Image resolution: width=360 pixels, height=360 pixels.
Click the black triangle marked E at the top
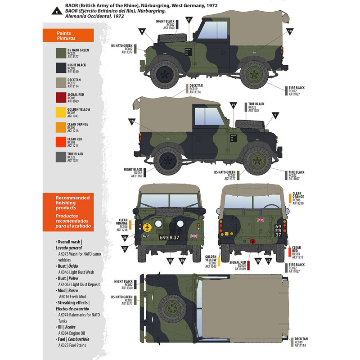click(x=57, y=10)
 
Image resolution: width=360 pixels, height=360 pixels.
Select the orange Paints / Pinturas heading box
click(x=67, y=36)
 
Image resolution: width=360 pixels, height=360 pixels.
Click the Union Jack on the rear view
click(x=260, y=220)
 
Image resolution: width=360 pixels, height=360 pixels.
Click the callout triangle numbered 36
click(x=125, y=238)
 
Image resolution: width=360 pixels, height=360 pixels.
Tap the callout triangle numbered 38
click(x=171, y=260)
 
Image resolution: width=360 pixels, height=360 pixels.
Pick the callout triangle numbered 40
click(x=269, y=261)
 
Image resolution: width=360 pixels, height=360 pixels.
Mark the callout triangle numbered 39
click(x=257, y=261)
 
